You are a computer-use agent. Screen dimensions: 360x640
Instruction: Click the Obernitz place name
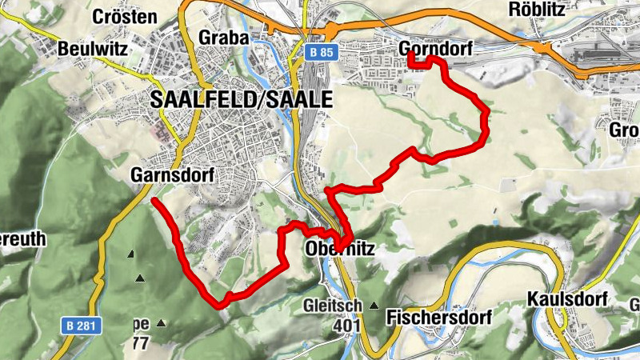point(340,250)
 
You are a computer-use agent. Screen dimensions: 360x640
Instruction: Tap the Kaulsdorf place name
point(567,299)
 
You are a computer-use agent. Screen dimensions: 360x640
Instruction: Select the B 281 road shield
point(79,326)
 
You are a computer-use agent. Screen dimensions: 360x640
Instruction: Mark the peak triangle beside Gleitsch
point(374,306)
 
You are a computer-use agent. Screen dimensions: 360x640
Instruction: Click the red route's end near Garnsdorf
point(154,201)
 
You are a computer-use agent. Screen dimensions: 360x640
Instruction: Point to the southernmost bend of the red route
point(221,304)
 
